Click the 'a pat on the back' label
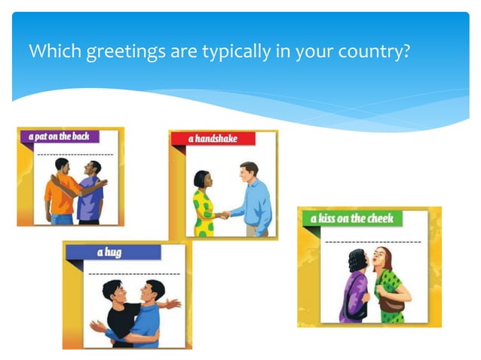(59, 136)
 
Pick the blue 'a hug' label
(109, 252)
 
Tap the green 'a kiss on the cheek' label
(348, 218)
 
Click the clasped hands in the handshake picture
(222, 215)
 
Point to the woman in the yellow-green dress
(203, 207)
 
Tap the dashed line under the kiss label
(372, 242)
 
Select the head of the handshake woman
(201, 179)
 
